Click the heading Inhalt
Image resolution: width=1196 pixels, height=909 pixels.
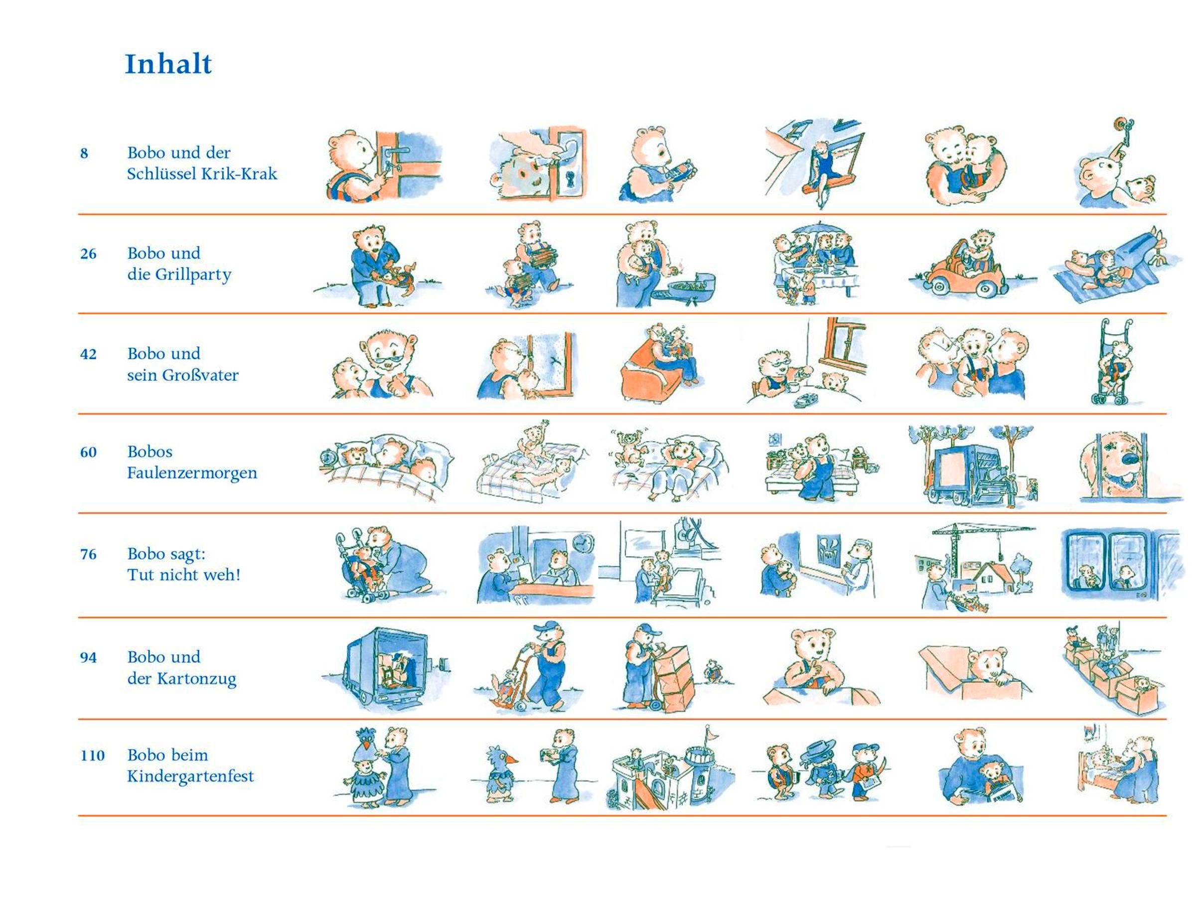pos(168,64)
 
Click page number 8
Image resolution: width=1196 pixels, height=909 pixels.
pos(84,153)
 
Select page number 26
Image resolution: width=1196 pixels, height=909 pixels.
pos(88,254)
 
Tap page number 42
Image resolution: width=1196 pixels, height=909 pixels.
pos(88,354)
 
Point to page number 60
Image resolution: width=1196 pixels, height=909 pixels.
pos(88,452)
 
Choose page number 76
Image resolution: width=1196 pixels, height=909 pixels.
pos(88,554)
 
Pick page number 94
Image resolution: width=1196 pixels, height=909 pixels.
pos(88,657)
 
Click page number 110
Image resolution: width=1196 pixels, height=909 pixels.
pos(93,756)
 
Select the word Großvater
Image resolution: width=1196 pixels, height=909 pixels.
pos(197,375)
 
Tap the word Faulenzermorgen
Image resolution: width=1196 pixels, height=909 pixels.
pos(192,473)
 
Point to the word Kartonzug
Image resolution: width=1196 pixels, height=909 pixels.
pos(197,679)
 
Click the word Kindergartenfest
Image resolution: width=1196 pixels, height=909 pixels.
pos(190,776)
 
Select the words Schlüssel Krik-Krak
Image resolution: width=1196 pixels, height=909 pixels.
pos(202,174)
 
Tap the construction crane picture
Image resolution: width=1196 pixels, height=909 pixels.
pos(974,566)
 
